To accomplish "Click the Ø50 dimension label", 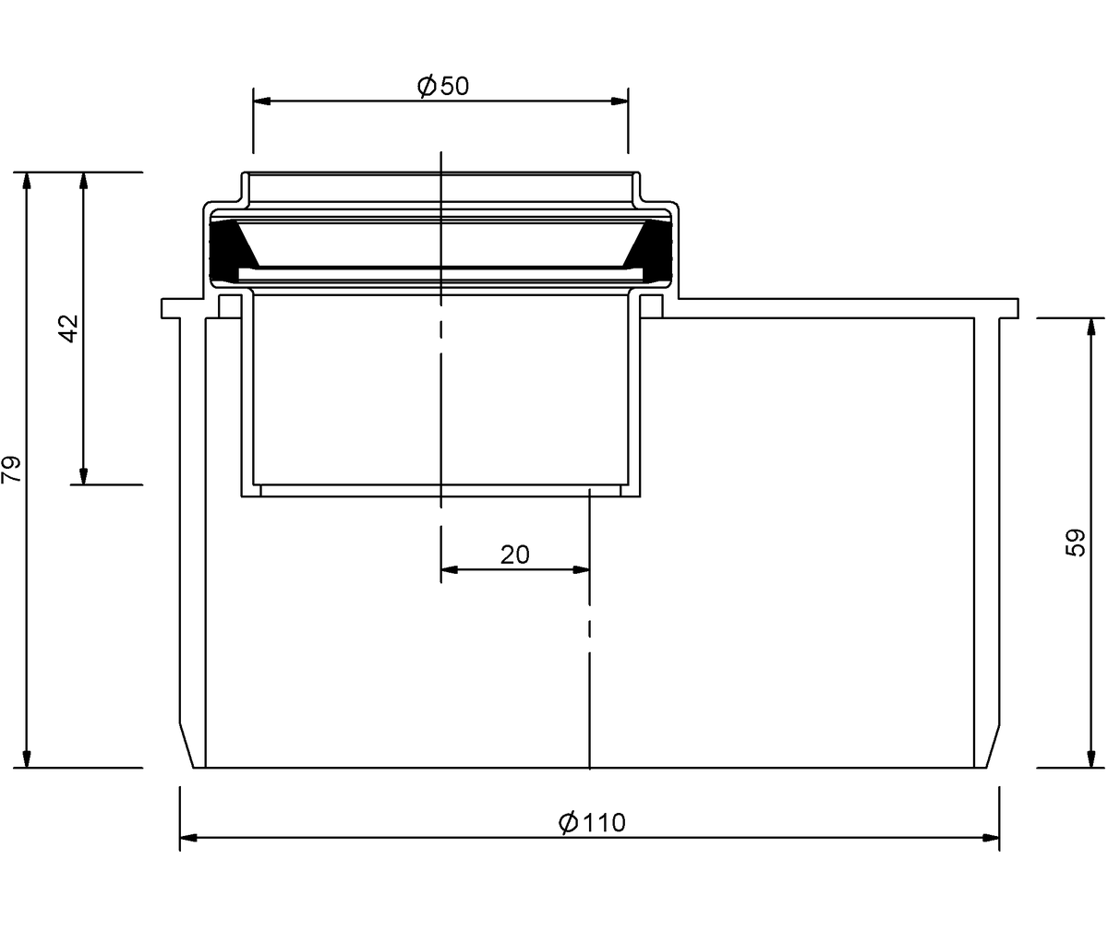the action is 443,86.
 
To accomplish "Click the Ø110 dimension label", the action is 592,822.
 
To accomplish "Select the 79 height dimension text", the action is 11,469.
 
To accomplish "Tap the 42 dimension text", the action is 68,328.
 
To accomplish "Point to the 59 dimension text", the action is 1075,543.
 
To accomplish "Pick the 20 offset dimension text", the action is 514,555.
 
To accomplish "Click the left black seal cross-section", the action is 229,250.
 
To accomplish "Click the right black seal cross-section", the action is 650,250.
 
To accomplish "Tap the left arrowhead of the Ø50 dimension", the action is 262,101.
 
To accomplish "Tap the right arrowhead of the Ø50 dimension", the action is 620,101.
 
